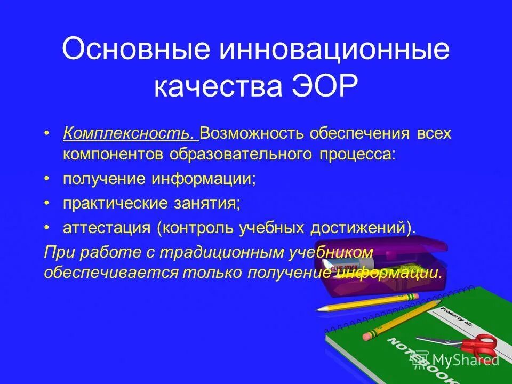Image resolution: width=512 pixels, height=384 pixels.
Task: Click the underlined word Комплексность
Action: pyautogui.click(x=128, y=133)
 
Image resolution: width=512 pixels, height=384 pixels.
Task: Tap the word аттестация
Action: pyautogui.click(x=107, y=228)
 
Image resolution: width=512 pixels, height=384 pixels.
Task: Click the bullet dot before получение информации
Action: pyautogui.click(x=47, y=179)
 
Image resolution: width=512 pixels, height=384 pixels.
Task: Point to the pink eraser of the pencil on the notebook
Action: pyautogui.click(x=368, y=337)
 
